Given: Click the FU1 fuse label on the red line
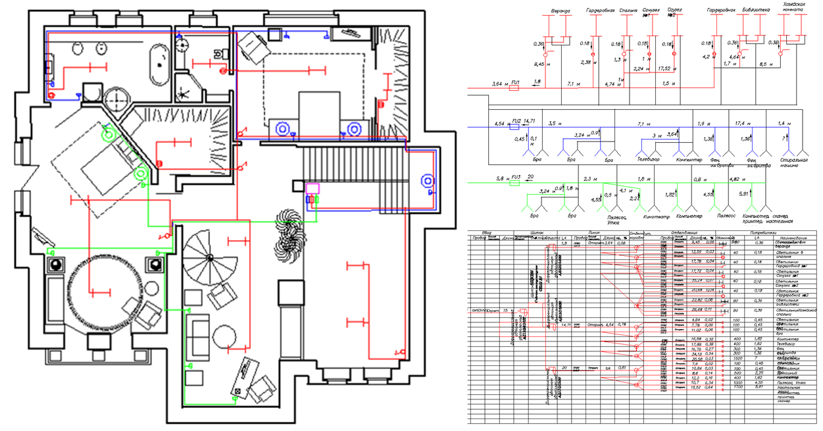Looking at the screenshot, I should point(516,82).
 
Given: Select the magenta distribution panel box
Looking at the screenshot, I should point(312,189).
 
